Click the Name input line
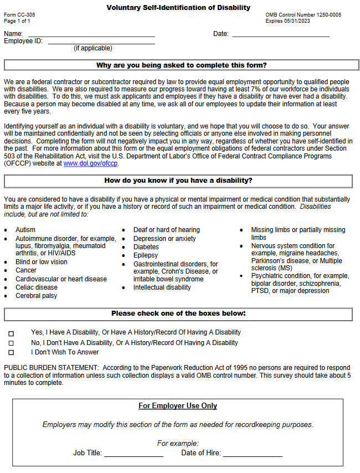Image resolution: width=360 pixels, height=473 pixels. tap(91, 34)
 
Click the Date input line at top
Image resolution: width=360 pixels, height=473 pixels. tap(280, 34)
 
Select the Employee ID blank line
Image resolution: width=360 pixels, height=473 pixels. tap(101, 42)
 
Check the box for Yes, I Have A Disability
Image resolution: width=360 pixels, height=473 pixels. tap(11, 333)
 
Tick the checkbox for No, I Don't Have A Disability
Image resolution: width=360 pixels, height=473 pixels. tap(11, 343)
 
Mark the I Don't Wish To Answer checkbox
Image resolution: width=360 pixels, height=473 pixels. tap(11, 353)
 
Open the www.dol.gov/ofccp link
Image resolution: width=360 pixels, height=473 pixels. tap(91, 164)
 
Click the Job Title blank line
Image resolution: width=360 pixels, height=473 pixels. tap(133, 454)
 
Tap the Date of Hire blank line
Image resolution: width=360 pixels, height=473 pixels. tap(253, 454)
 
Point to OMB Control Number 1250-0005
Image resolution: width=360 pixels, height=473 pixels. tap(303, 15)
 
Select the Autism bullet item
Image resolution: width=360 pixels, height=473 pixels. tap(25, 230)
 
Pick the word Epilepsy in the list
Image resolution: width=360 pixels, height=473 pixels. tap(146, 255)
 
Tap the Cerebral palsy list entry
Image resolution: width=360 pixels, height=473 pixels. tap(36, 296)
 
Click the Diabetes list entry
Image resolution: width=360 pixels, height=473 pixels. tap(146, 247)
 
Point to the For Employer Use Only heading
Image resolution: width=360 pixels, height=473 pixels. tap(178, 406)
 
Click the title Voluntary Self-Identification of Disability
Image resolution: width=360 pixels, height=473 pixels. tap(178, 8)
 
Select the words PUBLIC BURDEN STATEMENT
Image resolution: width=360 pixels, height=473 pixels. tap(50, 368)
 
